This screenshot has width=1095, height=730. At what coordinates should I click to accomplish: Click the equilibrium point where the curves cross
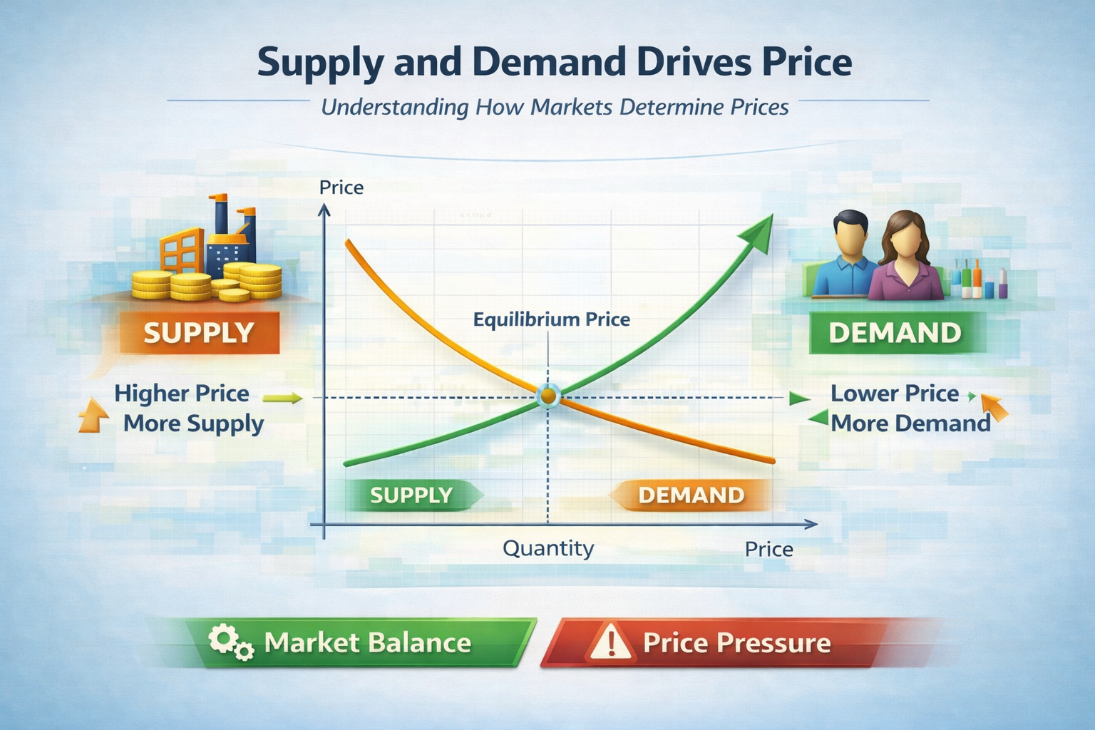(x=547, y=395)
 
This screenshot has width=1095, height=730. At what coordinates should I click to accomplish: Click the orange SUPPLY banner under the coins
(x=199, y=333)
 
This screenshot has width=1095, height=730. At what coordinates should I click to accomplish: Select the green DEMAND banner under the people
(x=895, y=333)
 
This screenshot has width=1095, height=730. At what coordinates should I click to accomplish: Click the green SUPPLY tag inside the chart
(x=411, y=495)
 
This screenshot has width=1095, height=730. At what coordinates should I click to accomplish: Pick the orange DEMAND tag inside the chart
(x=691, y=495)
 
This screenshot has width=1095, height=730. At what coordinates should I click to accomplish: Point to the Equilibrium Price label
(x=551, y=319)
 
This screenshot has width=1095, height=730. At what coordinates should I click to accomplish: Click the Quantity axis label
(x=547, y=548)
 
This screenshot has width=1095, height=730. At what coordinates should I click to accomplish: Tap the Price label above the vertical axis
(x=341, y=187)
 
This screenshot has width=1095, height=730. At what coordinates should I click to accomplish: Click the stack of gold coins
(x=207, y=284)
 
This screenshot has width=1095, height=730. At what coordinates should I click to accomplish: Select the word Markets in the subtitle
(x=572, y=108)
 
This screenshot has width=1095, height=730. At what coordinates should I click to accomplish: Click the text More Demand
(x=910, y=423)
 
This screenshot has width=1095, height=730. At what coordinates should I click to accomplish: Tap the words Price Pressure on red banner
(x=736, y=643)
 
